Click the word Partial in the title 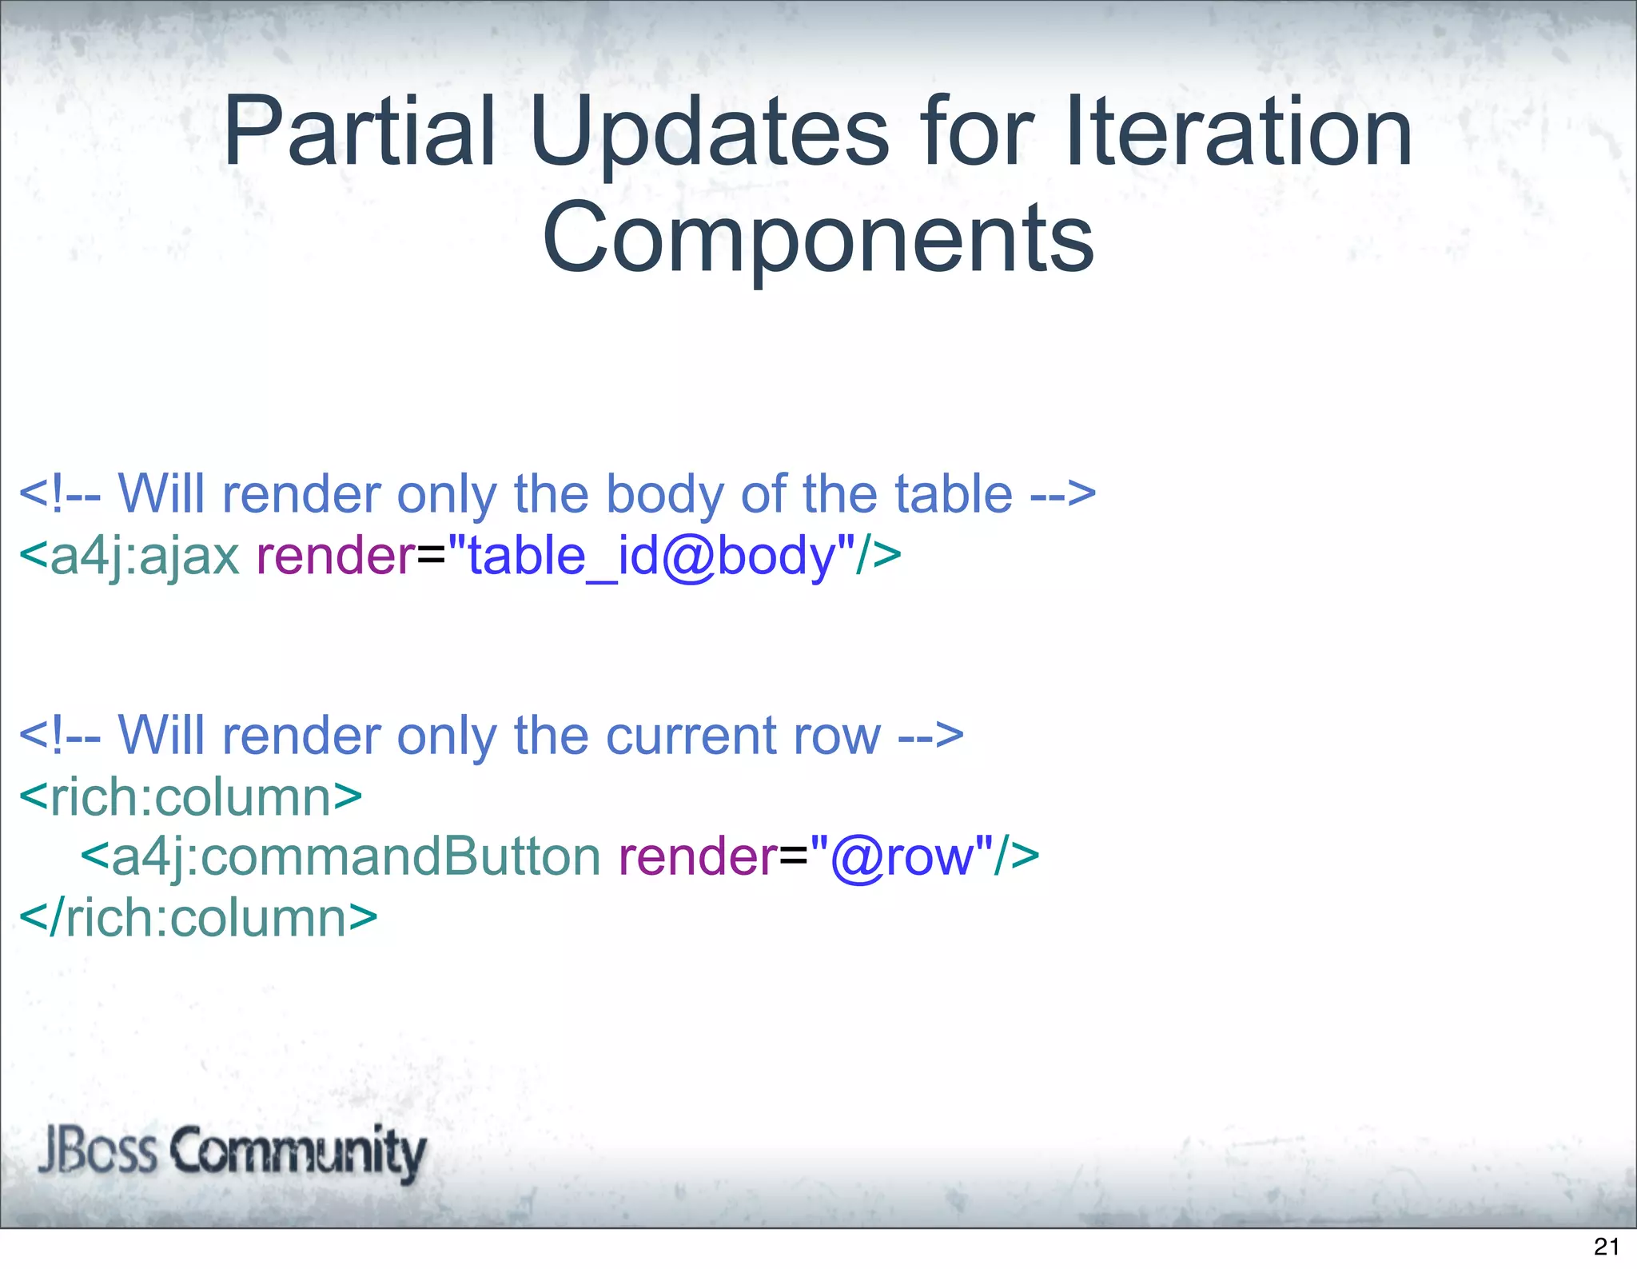tap(360, 132)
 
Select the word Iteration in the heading tap(1239, 132)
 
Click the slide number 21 tap(1606, 1247)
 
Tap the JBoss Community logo tap(232, 1152)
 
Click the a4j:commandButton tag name tap(355, 856)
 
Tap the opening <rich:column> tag tap(190, 797)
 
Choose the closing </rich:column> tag tap(197, 918)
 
